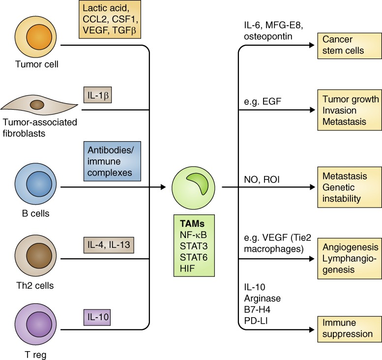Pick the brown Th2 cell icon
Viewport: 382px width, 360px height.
coord(34,257)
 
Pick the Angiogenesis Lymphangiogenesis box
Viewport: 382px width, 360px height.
coord(349,257)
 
